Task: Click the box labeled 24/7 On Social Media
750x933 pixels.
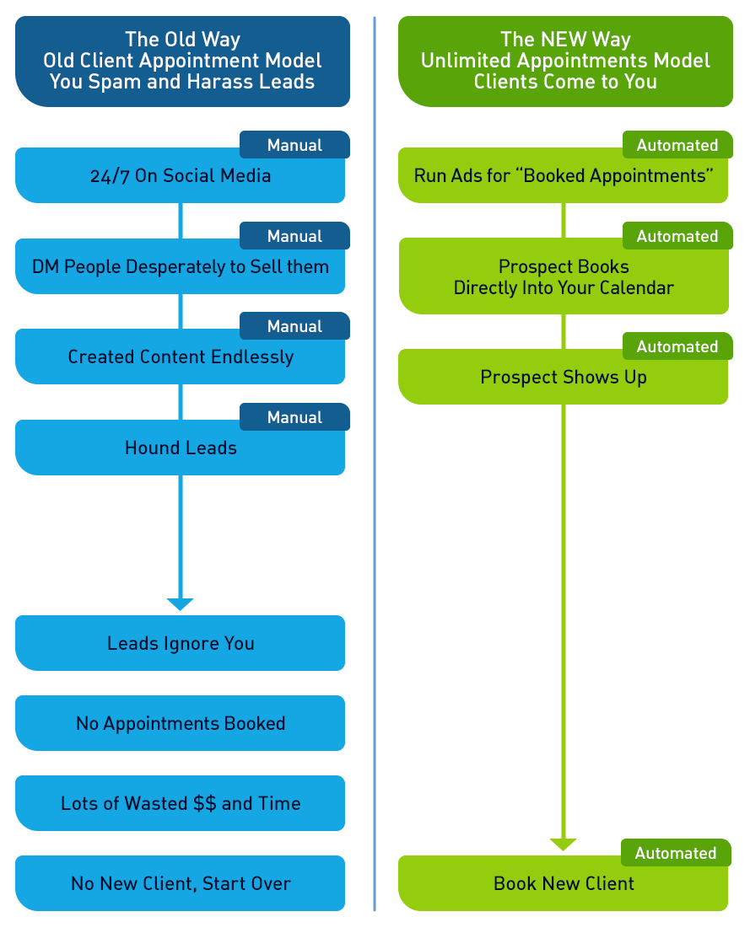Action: [180, 176]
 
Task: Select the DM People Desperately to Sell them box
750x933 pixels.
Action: [180, 267]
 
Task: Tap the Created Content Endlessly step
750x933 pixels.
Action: [180, 357]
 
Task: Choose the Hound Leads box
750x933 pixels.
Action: [180, 448]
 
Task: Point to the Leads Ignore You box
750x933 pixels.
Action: [180, 644]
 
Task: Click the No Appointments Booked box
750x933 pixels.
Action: [180, 724]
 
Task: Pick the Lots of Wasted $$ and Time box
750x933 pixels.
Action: [180, 804]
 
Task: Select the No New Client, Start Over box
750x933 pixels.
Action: [180, 884]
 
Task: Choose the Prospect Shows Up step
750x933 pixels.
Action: [564, 378]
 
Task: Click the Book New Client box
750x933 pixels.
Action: [564, 884]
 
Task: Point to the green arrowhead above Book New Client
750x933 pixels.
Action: [564, 845]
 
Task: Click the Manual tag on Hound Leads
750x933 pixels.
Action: [294, 417]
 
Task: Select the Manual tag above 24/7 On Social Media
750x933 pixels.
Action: [294, 145]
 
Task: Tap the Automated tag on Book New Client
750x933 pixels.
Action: [676, 853]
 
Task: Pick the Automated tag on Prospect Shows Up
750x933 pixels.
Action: [677, 346]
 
